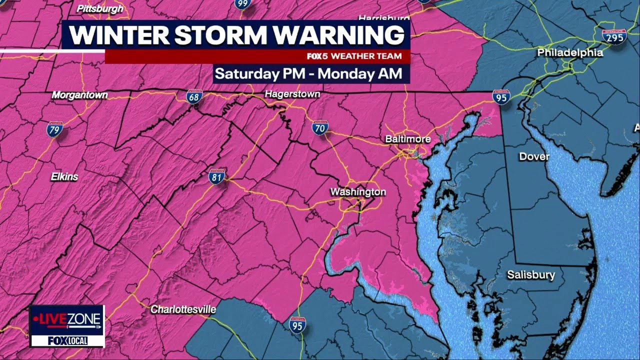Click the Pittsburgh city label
[100, 8]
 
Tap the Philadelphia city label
[570, 52]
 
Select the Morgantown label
[80, 94]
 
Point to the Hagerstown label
[292, 94]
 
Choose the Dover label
[534, 156]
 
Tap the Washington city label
[358, 192]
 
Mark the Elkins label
[64, 176]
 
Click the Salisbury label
[531, 274]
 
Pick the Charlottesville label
[183, 309]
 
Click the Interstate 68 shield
[194, 96]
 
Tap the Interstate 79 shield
[55, 129]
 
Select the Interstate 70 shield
[320, 127]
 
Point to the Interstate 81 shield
[217, 176]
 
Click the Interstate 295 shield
[614, 36]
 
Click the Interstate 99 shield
[242, 4]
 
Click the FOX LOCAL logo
[67, 340]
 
